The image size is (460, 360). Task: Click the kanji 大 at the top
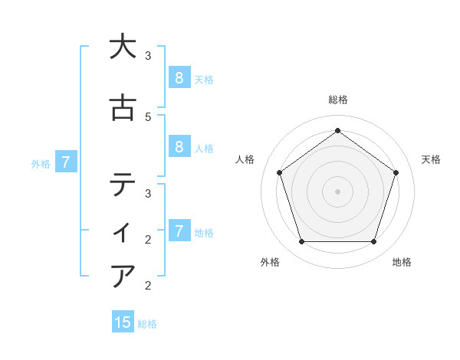tap(122, 47)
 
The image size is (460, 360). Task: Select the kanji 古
tap(122, 109)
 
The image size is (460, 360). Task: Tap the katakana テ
tap(122, 185)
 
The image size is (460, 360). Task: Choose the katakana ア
tap(122, 275)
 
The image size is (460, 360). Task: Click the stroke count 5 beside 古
tap(148, 117)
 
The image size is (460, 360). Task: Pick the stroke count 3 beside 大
tap(148, 56)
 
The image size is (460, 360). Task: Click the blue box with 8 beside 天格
tap(179, 77)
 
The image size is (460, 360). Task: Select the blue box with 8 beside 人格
tap(179, 147)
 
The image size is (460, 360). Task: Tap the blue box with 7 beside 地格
tap(179, 231)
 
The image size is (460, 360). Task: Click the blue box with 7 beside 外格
tap(66, 162)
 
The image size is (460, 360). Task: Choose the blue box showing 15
tap(123, 322)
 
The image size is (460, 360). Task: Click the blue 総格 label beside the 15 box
tap(147, 324)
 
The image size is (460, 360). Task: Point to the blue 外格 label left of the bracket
tap(41, 163)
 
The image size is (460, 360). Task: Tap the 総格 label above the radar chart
tap(337, 100)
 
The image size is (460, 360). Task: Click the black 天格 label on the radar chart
tap(431, 159)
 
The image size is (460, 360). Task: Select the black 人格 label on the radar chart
tap(245, 159)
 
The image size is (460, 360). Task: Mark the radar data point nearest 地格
tap(373, 242)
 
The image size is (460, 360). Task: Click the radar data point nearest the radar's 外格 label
tap(301, 242)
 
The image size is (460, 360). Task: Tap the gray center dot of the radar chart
tap(337, 191)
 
